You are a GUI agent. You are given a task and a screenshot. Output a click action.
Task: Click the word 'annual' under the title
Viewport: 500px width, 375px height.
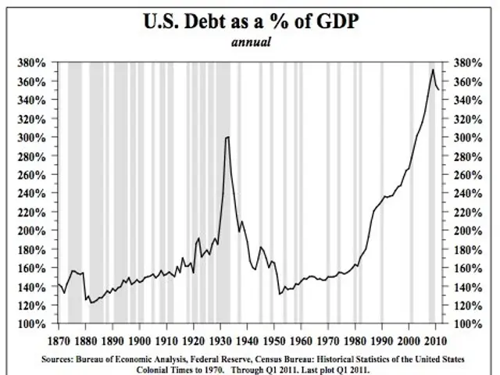point(249,42)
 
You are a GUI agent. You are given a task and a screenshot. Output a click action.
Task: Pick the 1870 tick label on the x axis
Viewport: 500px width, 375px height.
point(59,340)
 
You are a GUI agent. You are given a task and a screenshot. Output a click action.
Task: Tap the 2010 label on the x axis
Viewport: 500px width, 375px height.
point(435,340)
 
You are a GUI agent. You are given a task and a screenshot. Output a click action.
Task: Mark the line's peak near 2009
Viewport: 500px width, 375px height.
point(433,70)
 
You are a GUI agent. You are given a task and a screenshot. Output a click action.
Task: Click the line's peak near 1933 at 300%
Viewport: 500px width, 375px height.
point(227,137)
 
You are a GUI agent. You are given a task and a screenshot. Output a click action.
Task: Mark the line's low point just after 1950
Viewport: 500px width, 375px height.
point(280,294)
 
